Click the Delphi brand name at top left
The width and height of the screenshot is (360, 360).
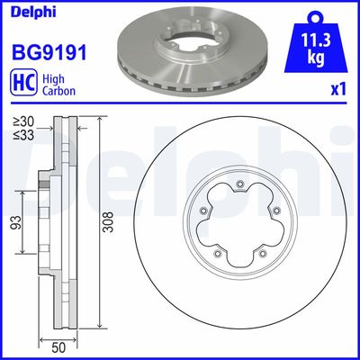33,12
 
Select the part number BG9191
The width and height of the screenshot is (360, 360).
49,52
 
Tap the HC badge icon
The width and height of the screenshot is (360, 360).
23,83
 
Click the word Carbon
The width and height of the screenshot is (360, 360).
58,91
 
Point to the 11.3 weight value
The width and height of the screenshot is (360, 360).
316,40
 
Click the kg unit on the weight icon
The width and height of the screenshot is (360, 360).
316,58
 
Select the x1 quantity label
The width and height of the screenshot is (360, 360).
338,90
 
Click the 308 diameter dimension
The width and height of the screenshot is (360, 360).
108,222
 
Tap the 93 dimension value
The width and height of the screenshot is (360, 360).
16,222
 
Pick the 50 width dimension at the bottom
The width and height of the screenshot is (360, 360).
58,348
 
